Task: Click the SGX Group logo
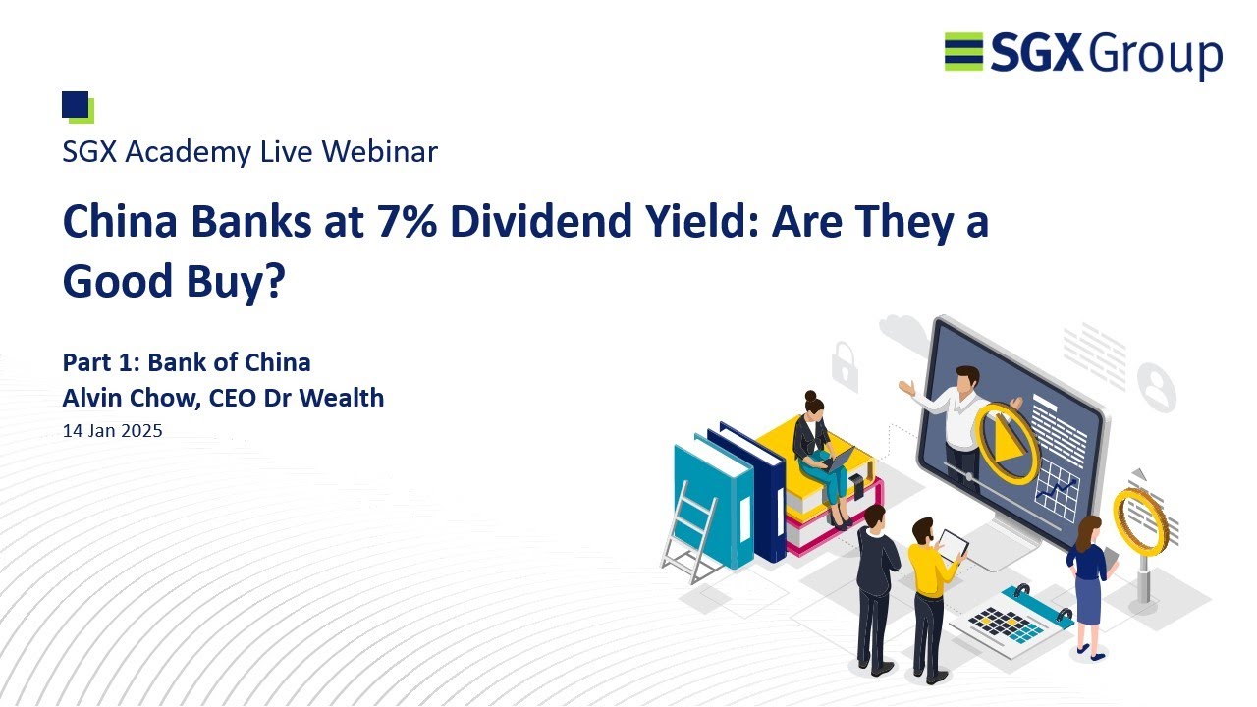click(x=1083, y=53)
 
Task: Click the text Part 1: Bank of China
click(x=187, y=362)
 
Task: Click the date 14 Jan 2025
click(x=112, y=430)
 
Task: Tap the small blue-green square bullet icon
click(x=77, y=106)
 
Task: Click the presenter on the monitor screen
click(x=957, y=412)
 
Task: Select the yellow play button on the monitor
click(x=1006, y=442)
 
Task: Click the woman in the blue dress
click(x=1088, y=584)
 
